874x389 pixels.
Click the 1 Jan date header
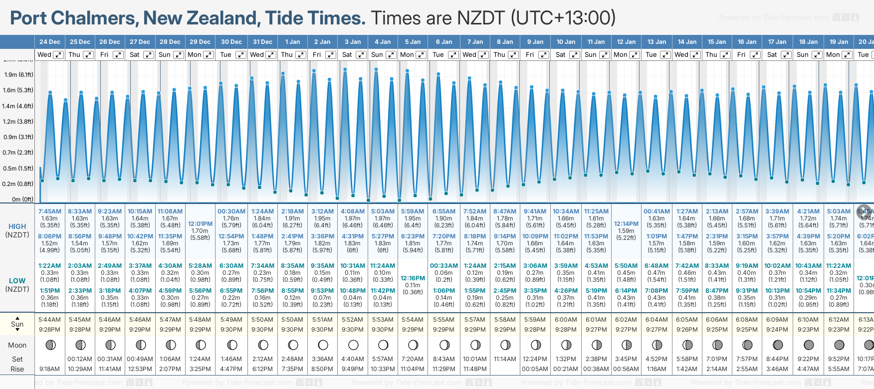[292, 42]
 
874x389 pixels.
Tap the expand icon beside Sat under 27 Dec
[149, 55]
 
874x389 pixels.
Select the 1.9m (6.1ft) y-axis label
[18, 75]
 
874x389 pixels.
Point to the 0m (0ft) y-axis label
[22, 199]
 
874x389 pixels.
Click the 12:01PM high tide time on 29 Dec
[200, 224]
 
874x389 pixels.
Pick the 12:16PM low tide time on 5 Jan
[413, 278]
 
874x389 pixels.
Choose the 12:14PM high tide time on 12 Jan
[626, 224]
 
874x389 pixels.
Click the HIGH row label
[17, 226]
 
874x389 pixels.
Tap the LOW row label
[17, 281]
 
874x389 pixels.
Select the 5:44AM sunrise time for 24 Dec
[49, 320]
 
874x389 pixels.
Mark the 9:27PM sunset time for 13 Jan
[656, 330]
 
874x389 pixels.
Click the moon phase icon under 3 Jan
[353, 345]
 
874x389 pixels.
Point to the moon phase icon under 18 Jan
[808, 345]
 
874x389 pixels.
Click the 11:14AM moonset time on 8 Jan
[505, 359]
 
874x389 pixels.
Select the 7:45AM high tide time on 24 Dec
[49, 211]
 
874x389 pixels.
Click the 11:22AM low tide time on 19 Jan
[839, 266]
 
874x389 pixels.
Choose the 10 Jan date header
[566, 42]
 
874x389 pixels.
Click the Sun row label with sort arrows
[17, 324]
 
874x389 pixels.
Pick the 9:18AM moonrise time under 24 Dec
[49, 369]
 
